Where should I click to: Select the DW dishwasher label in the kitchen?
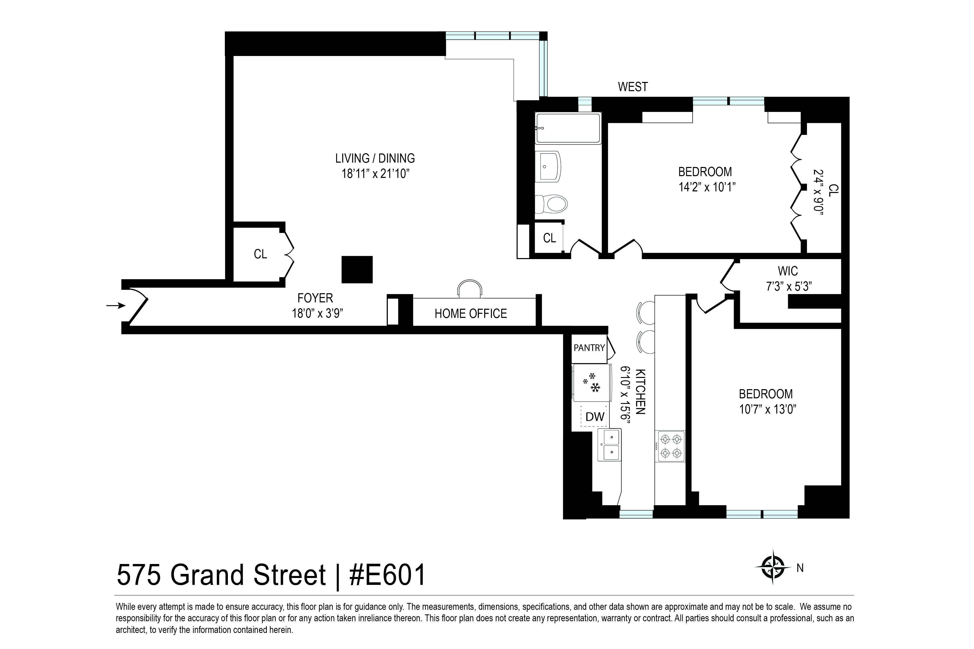(595, 417)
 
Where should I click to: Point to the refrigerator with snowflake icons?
(592, 383)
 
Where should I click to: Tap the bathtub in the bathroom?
(568, 128)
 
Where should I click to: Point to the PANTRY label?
(589, 348)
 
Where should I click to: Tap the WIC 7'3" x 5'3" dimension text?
(788, 286)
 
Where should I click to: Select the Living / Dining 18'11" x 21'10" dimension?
(375, 173)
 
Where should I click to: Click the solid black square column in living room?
(357, 270)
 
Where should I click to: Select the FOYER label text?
(315, 298)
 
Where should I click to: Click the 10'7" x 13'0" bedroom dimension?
(768, 409)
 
